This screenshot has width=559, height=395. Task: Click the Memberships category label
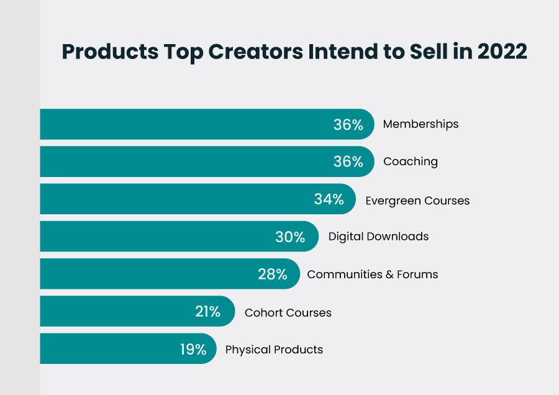coord(420,124)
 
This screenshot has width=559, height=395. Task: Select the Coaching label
coord(410,161)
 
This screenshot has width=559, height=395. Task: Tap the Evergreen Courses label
coord(417,201)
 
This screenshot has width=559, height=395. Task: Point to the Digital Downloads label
coord(378,237)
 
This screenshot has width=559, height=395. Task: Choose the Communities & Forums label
coord(372,275)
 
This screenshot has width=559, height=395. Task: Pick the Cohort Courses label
coord(288,312)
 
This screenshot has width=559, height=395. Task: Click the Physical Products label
coord(274,350)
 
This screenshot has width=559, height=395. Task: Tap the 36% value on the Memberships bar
coord(348,124)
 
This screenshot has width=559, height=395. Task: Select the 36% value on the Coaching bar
coord(348,162)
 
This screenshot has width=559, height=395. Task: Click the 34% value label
coord(329,199)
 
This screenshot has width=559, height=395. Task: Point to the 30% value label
coord(290,237)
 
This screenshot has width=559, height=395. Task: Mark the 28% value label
coord(272,275)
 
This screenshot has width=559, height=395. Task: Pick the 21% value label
coord(207,312)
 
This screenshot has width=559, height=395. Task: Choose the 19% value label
coord(193,350)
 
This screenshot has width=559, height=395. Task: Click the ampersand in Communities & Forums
coord(394,275)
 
